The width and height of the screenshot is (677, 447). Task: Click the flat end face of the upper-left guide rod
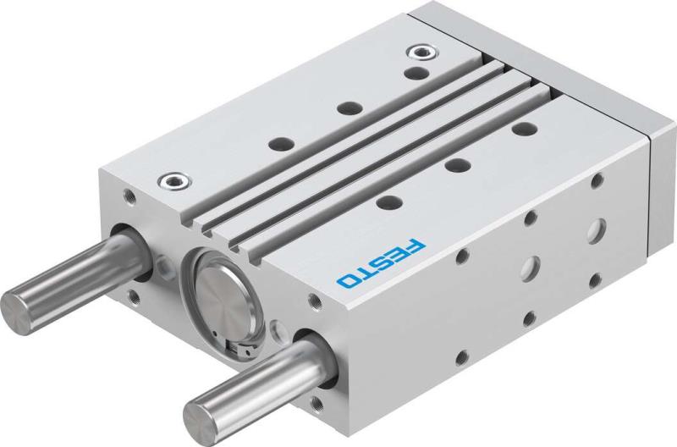[x=19, y=304]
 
